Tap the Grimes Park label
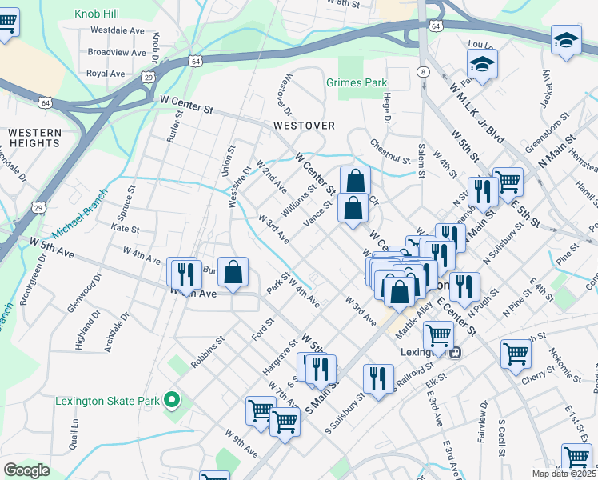[357, 82]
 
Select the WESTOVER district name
[303, 126]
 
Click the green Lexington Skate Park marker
[170, 399]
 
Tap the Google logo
[26, 470]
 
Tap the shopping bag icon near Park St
[232, 272]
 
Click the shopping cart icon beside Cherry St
[516, 354]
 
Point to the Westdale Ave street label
[117, 30]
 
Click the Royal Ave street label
[106, 74]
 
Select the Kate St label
[126, 229]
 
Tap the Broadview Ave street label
[115, 52]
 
